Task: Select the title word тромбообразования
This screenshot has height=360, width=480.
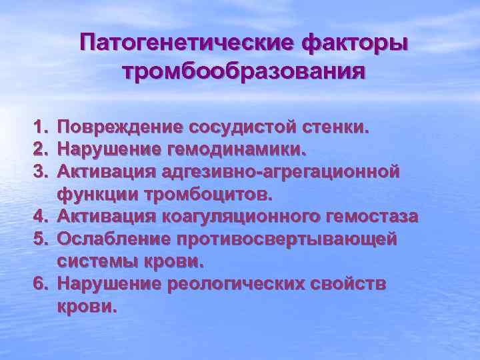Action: coord(244,71)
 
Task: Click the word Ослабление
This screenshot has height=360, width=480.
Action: coord(118,239)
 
